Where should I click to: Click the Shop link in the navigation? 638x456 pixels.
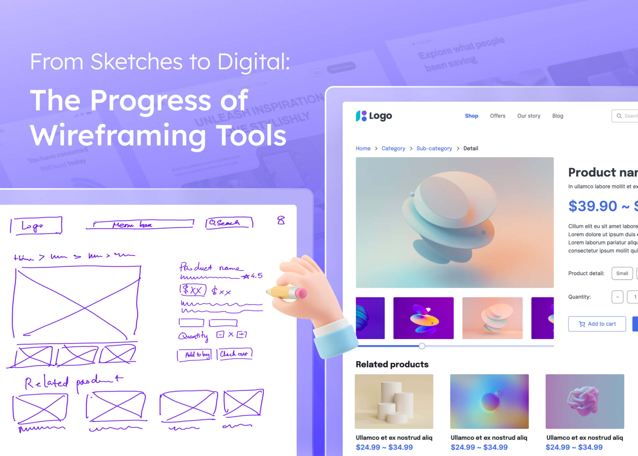(x=471, y=116)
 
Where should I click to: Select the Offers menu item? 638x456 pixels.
(x=498, y=116)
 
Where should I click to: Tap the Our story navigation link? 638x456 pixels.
(x=529, y=116)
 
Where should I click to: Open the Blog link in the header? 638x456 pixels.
(x=558, y=116)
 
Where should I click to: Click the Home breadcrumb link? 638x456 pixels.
(x=363, y=148)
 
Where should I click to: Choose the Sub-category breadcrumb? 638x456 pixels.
(x=434, y=148)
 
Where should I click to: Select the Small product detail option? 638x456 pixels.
(x=622, y=273)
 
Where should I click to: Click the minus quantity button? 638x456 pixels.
(x=617, y=297)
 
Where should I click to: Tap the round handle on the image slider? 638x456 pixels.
(x=422, y=346)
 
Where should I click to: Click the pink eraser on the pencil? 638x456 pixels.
(x=301, y=293)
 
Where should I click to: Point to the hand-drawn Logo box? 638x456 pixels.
(x=36, y=225)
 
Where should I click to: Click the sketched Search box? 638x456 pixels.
(x=229, y=223)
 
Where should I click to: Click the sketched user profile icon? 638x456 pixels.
(x=281, y=220)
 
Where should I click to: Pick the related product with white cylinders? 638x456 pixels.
(x=394, y=401)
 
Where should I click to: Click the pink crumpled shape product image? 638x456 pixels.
(x=584, y=401)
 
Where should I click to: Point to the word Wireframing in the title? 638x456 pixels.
(x=118, y=136)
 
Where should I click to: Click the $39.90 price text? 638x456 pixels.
(x=592, y=206)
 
